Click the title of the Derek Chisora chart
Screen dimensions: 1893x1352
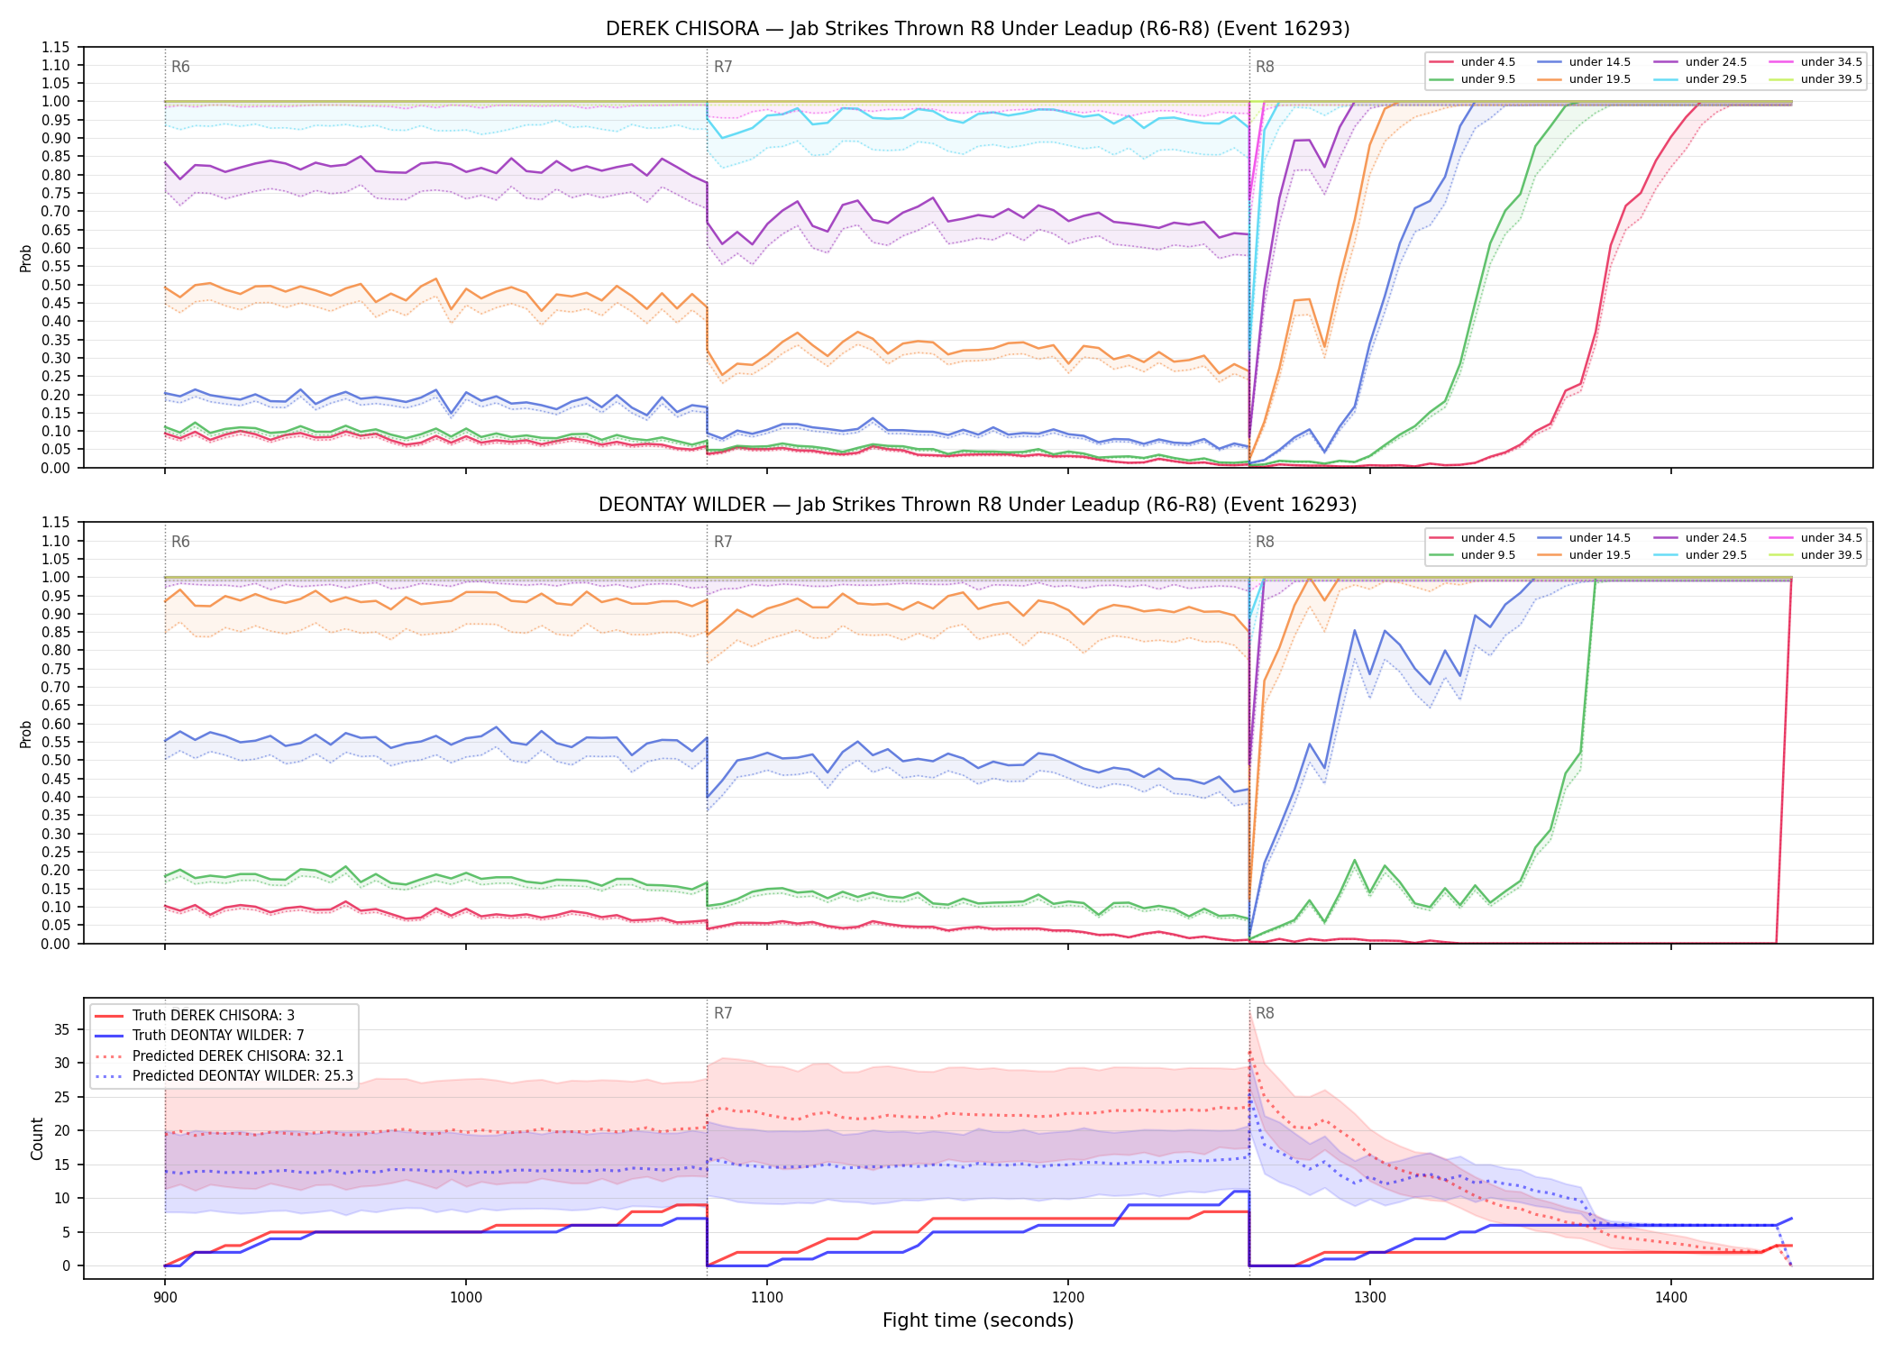click(977, 29)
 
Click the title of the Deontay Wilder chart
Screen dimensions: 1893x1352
click(977, 505)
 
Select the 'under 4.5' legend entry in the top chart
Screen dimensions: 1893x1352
click(1473, 62)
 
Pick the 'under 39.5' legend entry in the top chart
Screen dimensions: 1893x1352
click(1815, 79)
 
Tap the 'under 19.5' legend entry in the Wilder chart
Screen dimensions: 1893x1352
click(1584, 555)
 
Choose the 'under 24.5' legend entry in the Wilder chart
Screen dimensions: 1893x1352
click(1700, 538)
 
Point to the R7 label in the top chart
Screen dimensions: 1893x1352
click(723, 67)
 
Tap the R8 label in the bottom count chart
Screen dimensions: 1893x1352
click(1265, 1013)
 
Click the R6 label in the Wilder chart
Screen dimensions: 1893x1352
click(180, 542)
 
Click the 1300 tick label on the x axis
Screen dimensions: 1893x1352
click(1370, 1298)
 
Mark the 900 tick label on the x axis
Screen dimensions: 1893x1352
click(164, 1298)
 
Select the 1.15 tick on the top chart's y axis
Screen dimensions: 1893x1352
click(55, 47)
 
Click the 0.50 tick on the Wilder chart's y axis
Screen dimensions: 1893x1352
click(55, 760)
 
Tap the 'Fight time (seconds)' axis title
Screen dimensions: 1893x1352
click(978, 1320)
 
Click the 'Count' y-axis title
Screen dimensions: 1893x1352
click(37, 1138)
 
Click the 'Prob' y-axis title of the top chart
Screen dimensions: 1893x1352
click(26, 258)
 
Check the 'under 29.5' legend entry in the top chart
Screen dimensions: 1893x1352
click(1700, 79)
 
